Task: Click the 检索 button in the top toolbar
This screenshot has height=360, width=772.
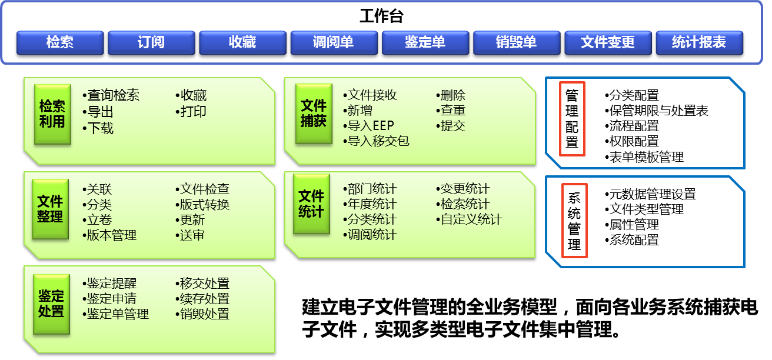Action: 60,42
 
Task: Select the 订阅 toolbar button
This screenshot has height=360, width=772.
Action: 151,42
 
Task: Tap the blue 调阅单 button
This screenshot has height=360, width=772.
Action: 334,42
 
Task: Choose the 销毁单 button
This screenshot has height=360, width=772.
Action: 516,42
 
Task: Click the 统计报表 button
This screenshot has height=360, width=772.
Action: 699,42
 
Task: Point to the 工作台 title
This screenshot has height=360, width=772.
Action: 381,16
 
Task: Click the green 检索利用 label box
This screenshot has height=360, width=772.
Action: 52,114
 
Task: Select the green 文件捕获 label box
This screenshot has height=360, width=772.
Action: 313,113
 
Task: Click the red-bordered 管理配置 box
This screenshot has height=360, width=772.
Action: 572,118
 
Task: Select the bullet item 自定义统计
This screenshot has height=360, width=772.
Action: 471,220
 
